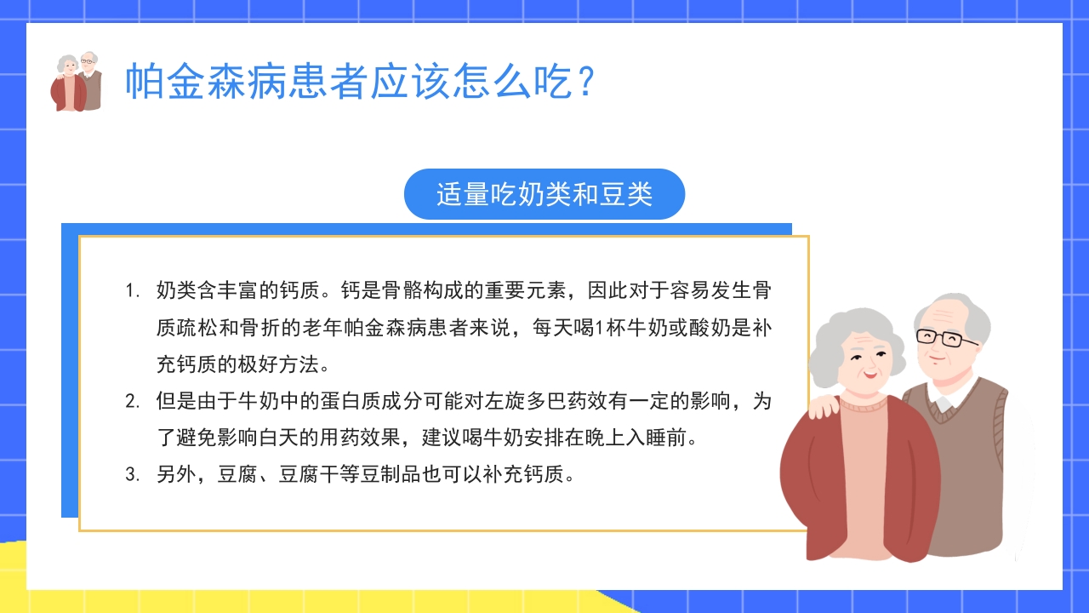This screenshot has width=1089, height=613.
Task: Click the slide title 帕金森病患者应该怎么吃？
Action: click(x=357, y=82)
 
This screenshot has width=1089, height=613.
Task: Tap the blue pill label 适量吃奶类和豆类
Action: click(x=544, y=194)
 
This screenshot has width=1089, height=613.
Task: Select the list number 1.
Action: click(x=131, y=290)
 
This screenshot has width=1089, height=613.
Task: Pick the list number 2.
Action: click(x=131, y=402)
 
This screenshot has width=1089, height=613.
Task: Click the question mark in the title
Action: click(x=584, y=82)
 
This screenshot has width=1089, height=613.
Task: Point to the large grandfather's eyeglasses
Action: click(x=946, y=337)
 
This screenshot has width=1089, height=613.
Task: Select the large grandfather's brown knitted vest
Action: click(x=978, y=477)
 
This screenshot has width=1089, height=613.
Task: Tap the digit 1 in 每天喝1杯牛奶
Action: click(x=598, y=328)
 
